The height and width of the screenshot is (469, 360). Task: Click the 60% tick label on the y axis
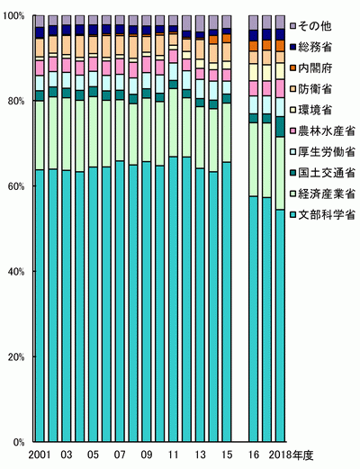point(14,186)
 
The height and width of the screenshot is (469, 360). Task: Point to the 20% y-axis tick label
point(14,357)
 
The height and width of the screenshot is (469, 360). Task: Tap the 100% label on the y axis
point(13,15)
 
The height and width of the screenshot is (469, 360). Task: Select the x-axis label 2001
point(40,455)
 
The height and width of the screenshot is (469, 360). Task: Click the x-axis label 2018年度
point(291,455)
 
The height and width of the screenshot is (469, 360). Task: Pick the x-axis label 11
point(174,455)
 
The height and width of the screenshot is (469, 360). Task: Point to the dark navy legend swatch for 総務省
point(293,48)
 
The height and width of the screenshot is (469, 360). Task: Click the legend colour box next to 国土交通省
point(293,173)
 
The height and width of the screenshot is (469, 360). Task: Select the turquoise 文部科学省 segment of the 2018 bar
point(280,326)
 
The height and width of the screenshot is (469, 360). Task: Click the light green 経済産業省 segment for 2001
point(40,135)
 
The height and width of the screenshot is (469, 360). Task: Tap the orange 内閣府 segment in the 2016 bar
point(254,46)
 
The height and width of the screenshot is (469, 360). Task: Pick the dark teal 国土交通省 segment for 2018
point(280,127)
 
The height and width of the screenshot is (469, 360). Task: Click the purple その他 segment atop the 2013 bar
point(200,23)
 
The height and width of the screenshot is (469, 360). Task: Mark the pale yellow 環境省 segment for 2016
point(254,72)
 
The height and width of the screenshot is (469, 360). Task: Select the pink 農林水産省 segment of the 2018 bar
point(280,88)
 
